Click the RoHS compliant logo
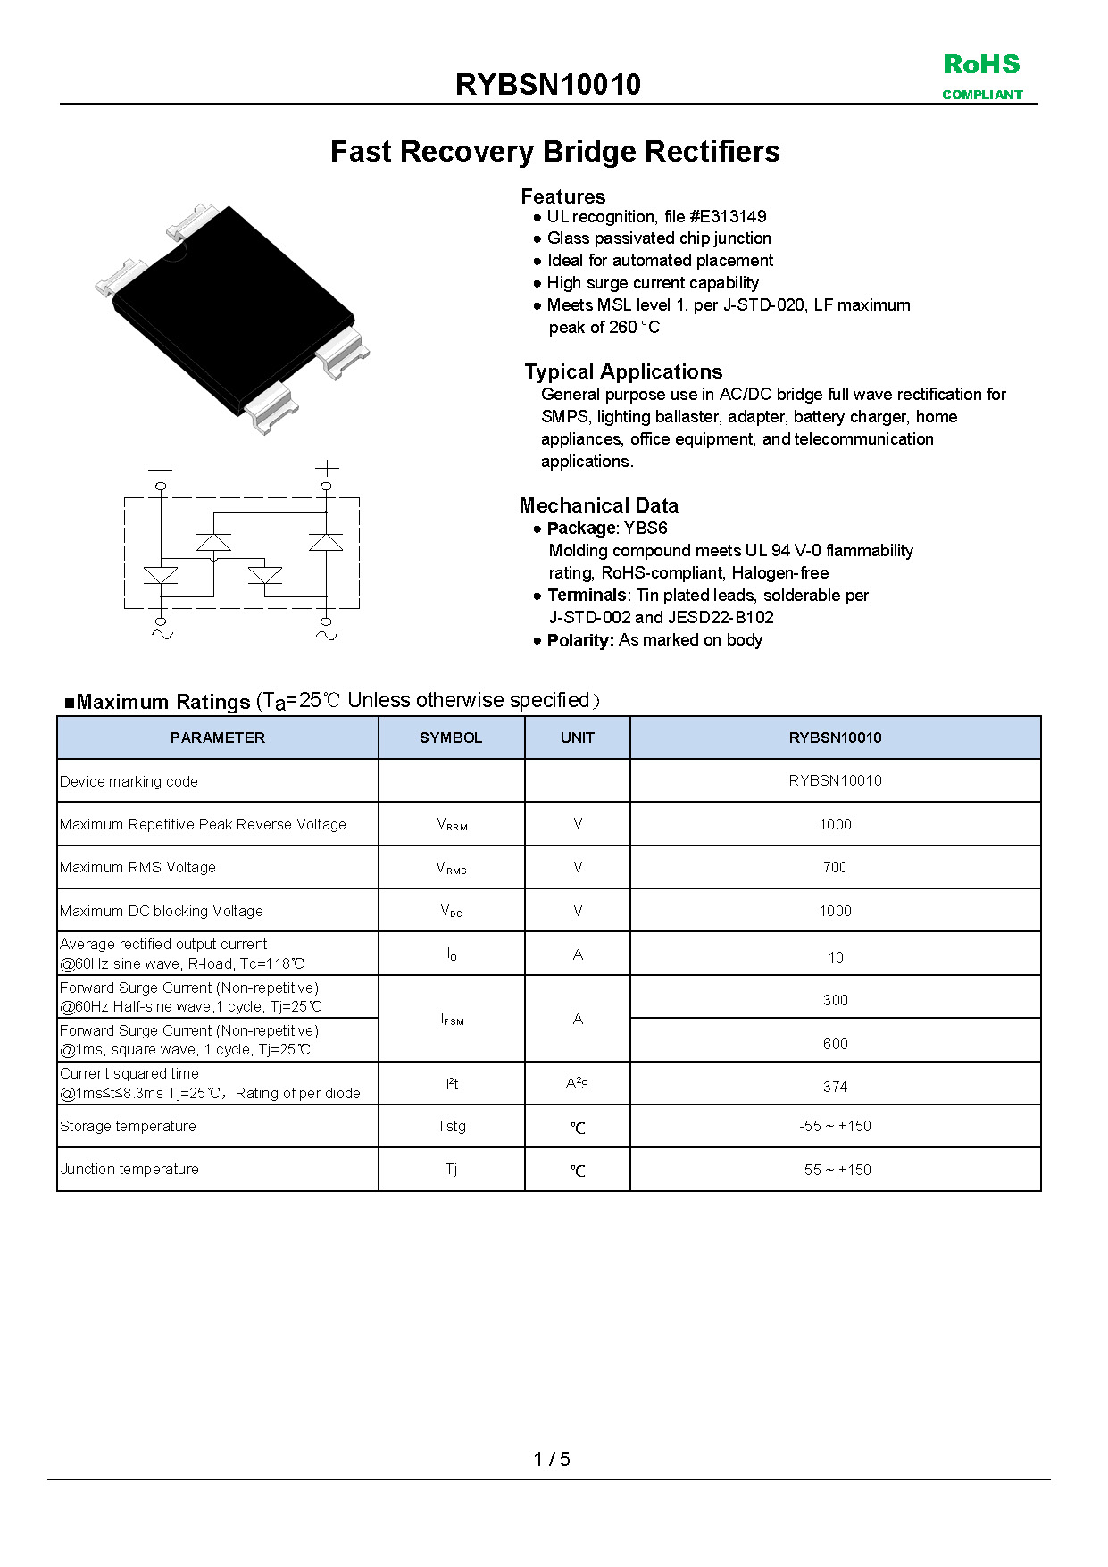pos(981,76)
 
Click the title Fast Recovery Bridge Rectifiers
pos(554,152)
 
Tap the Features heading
pos(562,196)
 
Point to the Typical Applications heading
pos(623,371)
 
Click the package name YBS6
pos(646,528)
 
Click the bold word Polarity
pos(579,640)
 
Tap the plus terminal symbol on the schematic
pos(327,468)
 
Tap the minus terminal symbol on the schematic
pos(161,469)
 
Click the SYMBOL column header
pos(451,738)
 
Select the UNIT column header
pos(578,738)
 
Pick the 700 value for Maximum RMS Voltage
pos(835,867)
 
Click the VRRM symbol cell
pos(452,824)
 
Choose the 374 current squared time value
pos(835,1087)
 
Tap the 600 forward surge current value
pos(835,1044)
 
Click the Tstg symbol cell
pos(452,1126)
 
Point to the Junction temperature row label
pos(129,1170)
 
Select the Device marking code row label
pos(129,781)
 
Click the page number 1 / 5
pos(552,1459)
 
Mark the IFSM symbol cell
pos(452,1019)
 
